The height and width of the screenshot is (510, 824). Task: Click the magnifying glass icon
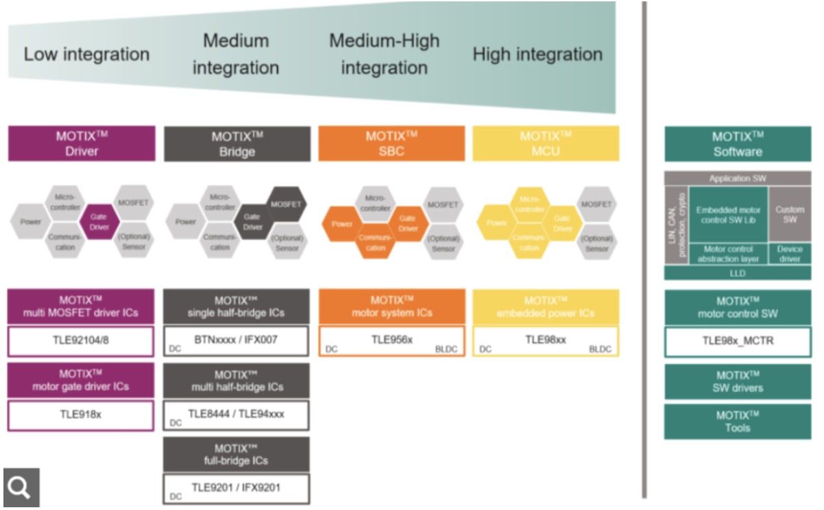pos(21,487)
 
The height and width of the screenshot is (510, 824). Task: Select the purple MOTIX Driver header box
pos(82,143)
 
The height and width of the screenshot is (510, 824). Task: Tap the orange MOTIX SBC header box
pos(391,143)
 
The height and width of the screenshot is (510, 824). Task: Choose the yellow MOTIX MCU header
pos(546,143)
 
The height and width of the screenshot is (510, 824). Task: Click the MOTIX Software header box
pos(737,143)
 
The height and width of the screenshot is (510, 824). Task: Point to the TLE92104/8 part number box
pos(80,341)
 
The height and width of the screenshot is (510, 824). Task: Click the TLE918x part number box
pos(80,415)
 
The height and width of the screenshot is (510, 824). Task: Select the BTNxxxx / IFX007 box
pos(236,340)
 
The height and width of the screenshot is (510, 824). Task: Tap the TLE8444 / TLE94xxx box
pos(236,415)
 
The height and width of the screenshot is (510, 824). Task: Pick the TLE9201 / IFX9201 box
pos(236,488)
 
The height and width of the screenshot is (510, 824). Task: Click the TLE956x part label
pos(391,340)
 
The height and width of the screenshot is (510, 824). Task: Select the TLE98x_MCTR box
pos(737,341)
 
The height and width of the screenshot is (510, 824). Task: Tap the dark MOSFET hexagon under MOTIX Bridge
pos(286,204)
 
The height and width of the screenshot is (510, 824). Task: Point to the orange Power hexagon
pos(342,224)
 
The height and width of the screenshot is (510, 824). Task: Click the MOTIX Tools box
pos(737,422)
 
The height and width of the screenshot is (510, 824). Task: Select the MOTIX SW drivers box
pos(737,381)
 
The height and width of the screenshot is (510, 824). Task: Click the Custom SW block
pos(790,215)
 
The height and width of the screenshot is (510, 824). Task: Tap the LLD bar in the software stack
pos(737,274)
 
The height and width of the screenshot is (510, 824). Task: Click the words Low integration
pos(86,54)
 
